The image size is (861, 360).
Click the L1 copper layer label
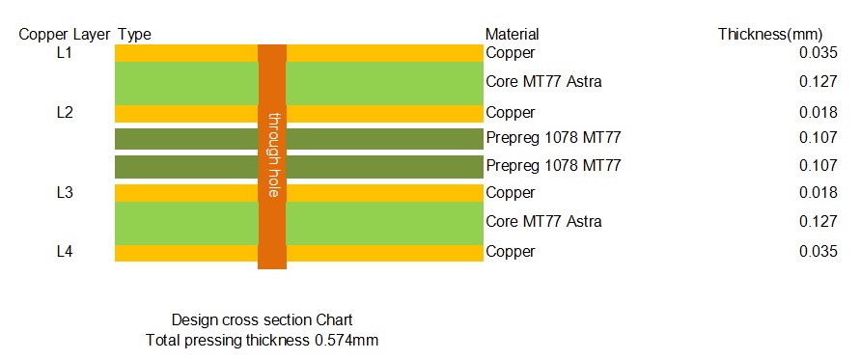pyautogui.click(x=66, y=53)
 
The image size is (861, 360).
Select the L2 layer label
pyautogui.click(x=66, y=113)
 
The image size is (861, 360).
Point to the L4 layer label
pyautogui.click(x=66, y=252)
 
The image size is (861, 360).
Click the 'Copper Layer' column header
pyautogui.click(x=65, y=35)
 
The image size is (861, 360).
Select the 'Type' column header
pyautogui.click(x=134, y=35)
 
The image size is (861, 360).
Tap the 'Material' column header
pyautogui.click(x=512, y=35)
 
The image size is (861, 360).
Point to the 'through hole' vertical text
pyautogui.click(x=273, y=154)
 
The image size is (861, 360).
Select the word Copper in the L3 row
pyautogui.click(x=510, y=193)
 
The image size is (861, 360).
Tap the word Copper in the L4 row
pyautogui.click(x=510, y=252)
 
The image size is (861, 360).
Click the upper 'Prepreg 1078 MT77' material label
pyautogui.click(x=552, y=138)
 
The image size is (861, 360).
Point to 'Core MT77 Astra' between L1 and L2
pyautogui.click(x=543, y=82)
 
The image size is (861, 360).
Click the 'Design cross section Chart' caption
pyautogui.click(x=263, y=320)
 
